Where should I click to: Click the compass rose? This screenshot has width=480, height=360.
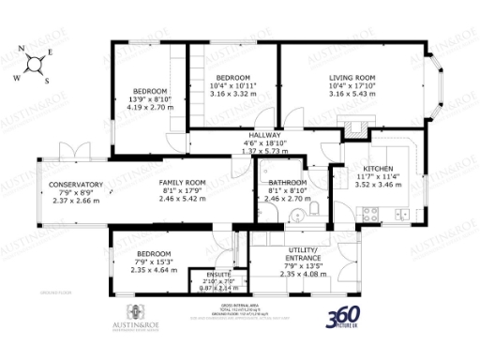click(x=37, y=66)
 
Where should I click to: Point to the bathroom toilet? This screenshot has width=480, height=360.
click(x=319, y=208)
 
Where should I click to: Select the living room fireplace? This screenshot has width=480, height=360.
click(x=353, y=128)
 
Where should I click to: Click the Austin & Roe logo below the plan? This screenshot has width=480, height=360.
click(x=131, y=317)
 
